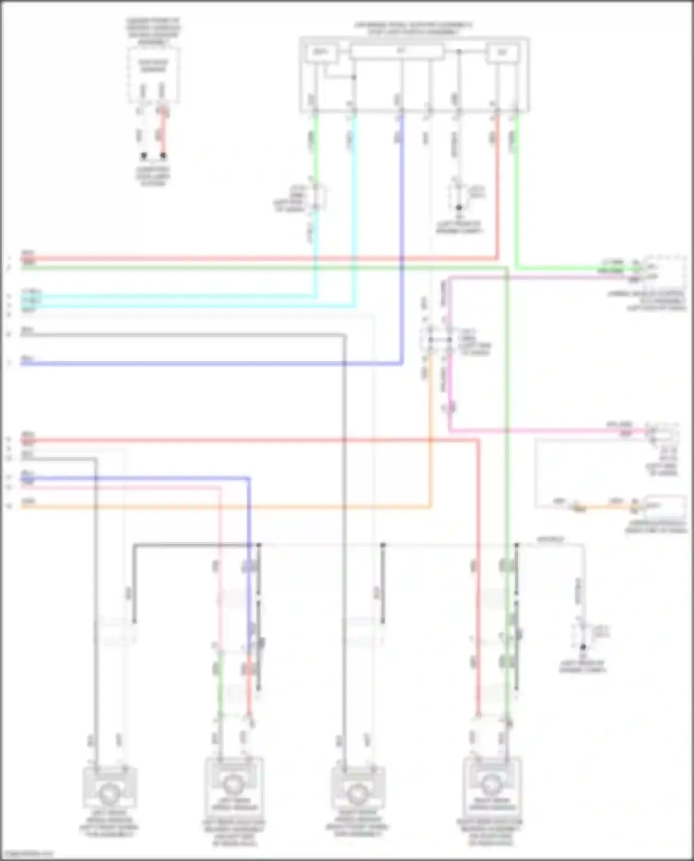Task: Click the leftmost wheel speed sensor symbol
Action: coord(110,794)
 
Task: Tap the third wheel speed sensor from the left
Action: coord(358,794)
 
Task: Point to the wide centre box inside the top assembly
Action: coord(397,51)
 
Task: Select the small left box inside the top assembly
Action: coord(320,53)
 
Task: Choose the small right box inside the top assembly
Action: coord(502,53)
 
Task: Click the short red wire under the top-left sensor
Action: coord(163,134)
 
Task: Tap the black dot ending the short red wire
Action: coord(163,156)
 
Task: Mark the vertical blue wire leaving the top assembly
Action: coord(402,231)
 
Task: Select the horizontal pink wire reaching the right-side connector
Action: coord(546,431)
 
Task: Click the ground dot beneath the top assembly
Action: coord(459,208)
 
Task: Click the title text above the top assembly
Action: coord(414,28)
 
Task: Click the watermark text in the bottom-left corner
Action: coord(28,854)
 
